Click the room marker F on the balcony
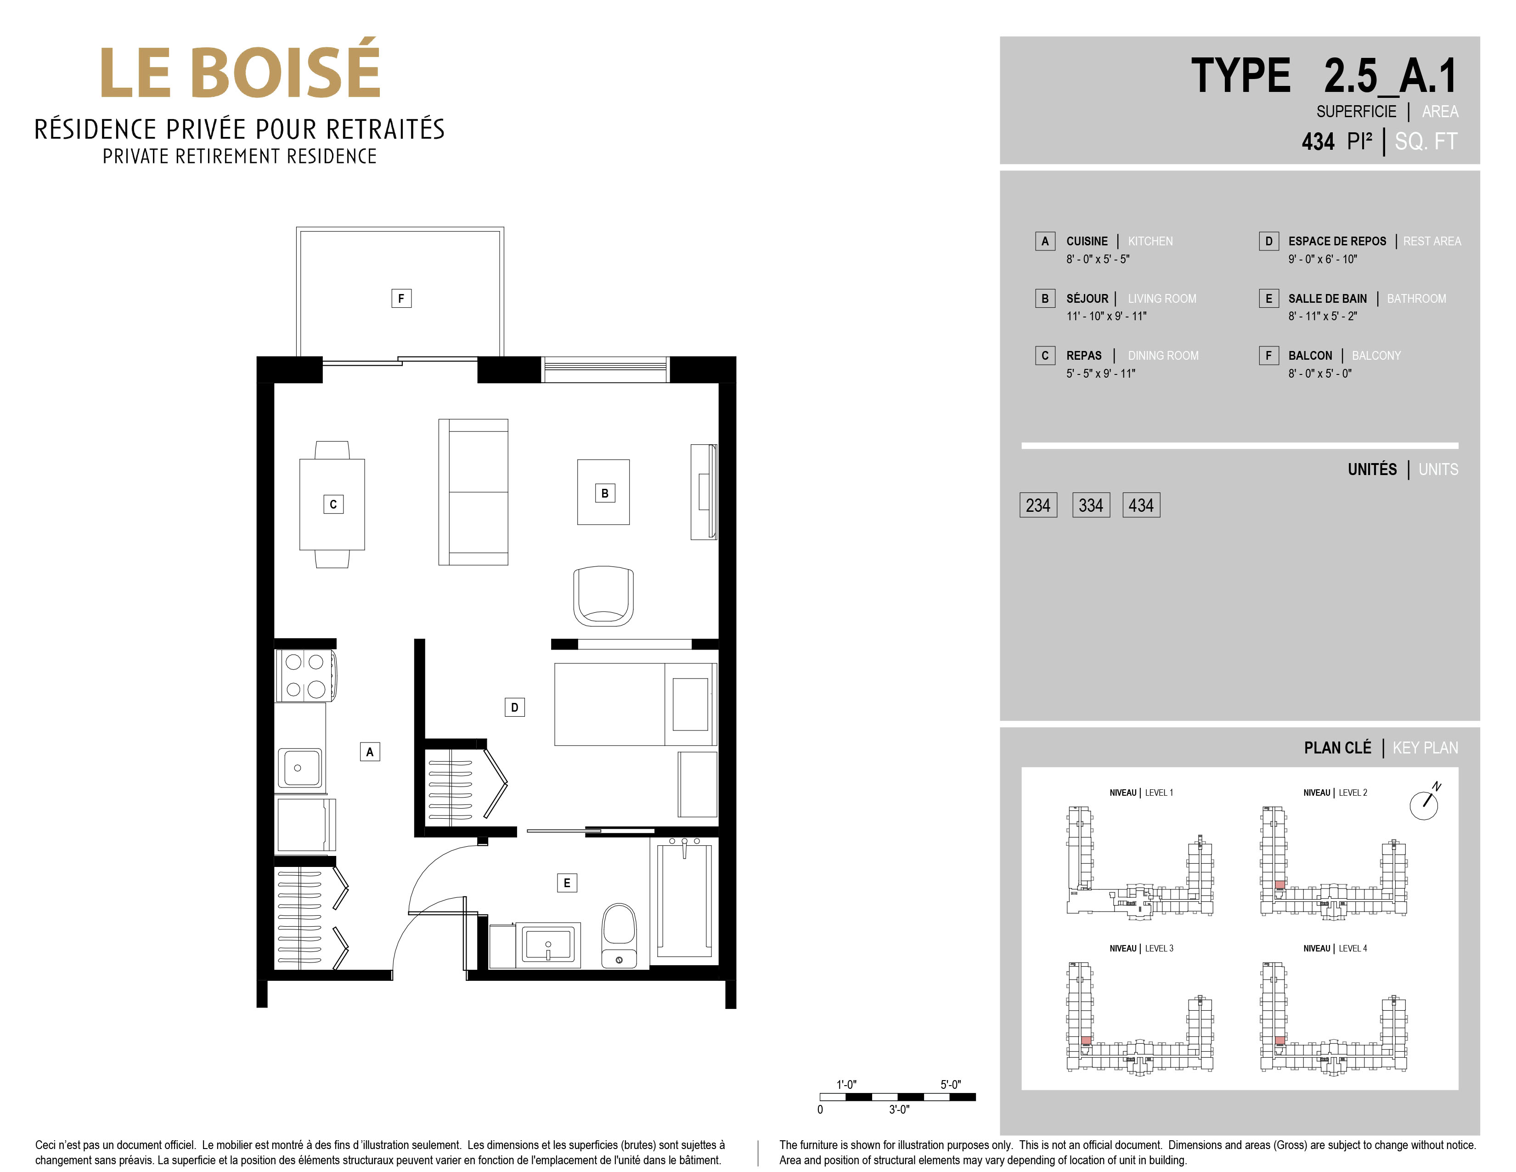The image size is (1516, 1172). (x=401, y=299)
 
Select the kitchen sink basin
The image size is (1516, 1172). (x=299, y=767)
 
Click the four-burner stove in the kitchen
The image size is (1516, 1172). (x=305, y=675)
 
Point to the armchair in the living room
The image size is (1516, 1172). (x=603, y=596)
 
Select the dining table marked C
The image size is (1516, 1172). (x=333, y=504)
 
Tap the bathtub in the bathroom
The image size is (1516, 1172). (x=684, y=900)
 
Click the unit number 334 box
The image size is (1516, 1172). (x=1090, y=505)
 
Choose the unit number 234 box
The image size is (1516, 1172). (x=1038, y=505)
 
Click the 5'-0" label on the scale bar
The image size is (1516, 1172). (x=950, y=1085)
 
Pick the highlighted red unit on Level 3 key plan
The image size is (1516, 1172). (x=1086, y=1041)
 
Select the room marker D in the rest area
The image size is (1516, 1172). (x=514, y=708)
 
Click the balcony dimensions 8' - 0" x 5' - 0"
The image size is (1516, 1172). (x=1319, y=374)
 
